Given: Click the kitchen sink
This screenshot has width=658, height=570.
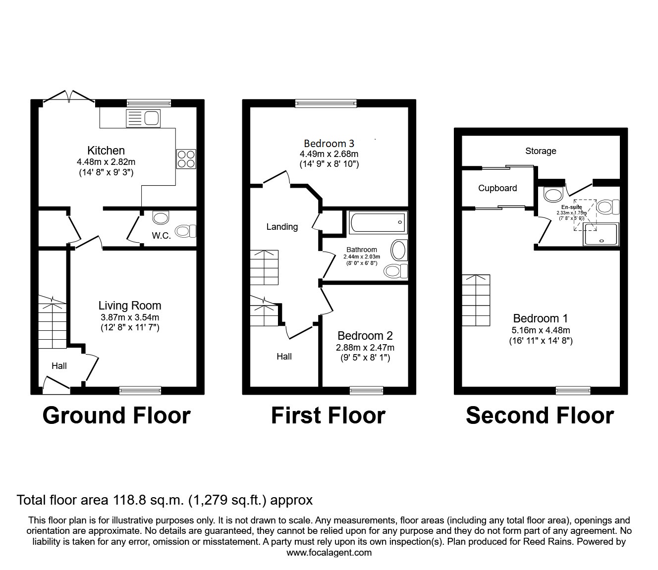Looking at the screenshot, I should click(143, 118).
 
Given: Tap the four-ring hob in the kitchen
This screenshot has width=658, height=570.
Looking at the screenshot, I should click(186, 158).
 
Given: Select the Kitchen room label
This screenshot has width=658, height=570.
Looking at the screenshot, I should click(106, 151).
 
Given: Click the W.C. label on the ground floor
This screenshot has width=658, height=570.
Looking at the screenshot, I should click(161, 236).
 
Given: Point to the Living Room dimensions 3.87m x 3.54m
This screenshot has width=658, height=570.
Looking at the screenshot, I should click(129, 317).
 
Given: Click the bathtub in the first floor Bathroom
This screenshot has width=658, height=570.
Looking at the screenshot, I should click(378, 222).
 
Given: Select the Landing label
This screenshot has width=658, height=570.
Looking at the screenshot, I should click(282, 227).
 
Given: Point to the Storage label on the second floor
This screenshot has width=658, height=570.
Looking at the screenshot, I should click(541, 151).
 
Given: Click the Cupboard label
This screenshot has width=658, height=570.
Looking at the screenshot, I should click(497, 188).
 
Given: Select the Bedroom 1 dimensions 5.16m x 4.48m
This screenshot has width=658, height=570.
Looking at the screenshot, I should click(541, 330).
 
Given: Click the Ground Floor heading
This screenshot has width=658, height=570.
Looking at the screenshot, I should click(116, 415).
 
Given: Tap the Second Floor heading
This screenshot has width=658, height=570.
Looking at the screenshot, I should click(540, 415).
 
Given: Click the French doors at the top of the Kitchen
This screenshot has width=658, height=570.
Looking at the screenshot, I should click(69, 97).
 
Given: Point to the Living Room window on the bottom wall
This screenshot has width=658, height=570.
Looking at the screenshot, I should click(140, 391).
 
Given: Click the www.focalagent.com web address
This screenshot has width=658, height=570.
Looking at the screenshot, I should click(329, 553).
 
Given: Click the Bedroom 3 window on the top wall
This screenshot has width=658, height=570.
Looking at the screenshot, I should click(326, 103).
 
